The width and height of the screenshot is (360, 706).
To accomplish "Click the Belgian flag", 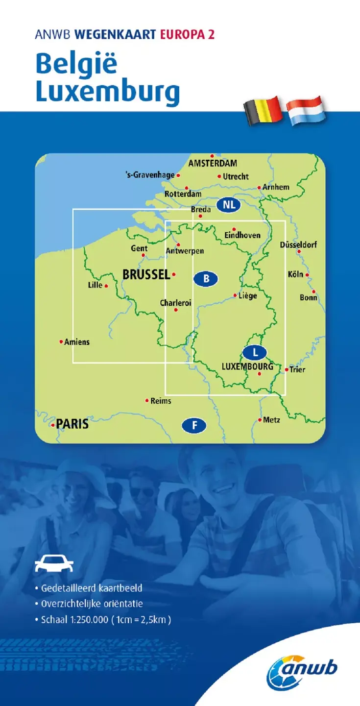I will [x=263, y=111].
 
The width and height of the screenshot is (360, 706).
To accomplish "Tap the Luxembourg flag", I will [x=304, y=111].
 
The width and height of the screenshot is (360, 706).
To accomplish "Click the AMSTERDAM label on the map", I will [x=213, y=163].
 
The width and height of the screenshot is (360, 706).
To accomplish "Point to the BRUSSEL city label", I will [x=146, y=275].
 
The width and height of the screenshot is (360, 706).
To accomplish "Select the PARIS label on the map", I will [x=72, y=424].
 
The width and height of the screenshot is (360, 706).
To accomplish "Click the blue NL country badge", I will [x=229, y=205].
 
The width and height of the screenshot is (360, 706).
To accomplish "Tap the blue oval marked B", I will [x=206, y=279].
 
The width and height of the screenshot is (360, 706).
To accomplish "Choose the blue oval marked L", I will [x=255, y=351].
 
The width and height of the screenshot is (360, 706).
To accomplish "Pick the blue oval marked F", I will [x=194, y=426].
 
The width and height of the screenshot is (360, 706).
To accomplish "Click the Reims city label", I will [x=161, y=401].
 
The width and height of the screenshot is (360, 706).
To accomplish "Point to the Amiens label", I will [x=77, y=342].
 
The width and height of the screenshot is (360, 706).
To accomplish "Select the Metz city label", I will [x=271, y=420].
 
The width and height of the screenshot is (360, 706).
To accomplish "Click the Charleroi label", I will [x=175, y=303].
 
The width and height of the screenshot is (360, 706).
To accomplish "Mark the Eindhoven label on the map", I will [x=242, y=236].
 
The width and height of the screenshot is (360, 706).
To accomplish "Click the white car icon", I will [x=54, y=564].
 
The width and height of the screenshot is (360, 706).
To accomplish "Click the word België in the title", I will [x=76, y=65].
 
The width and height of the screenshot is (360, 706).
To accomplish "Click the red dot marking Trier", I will [x=287, y=369].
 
